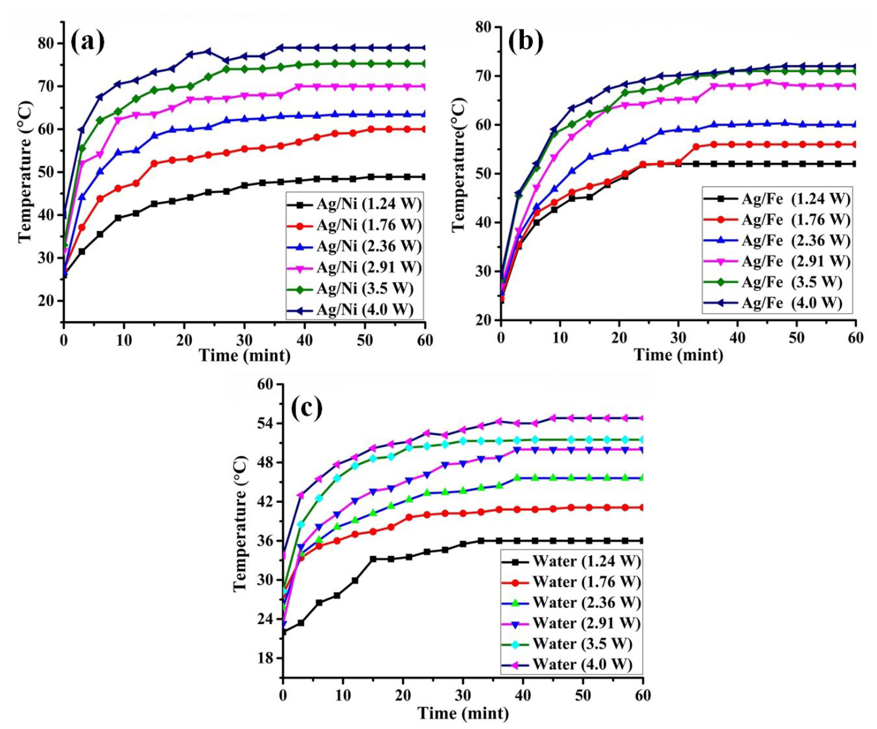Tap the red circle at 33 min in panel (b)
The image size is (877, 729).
coord(696,147)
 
